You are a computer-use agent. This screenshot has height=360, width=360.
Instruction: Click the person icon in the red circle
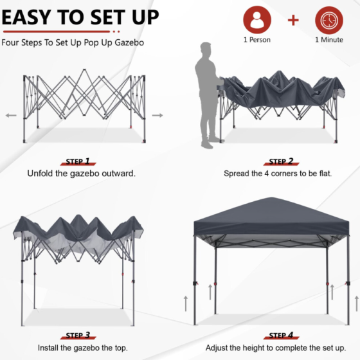(x=256, y=20)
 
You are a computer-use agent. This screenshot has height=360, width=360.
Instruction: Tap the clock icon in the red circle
(x=328, y=20)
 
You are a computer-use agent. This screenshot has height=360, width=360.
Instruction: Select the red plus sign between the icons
(x=293, y=20)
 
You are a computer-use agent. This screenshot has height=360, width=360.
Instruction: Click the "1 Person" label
(x=256, y=40)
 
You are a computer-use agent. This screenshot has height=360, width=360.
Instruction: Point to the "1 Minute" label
(x=328, y=40)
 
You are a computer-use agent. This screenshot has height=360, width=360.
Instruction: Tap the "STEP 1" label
(x=78, y=162)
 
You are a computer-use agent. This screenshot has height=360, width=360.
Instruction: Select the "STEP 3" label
(x=78, y=336)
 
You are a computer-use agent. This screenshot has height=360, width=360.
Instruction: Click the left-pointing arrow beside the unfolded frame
(x=10, y=116)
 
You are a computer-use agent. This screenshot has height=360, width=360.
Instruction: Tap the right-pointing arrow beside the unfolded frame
(x=157, y=116)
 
